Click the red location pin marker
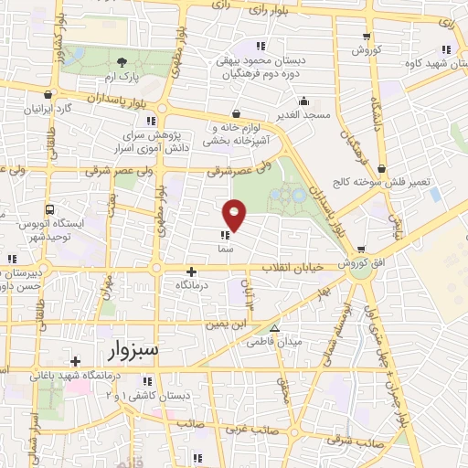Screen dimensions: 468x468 (235, 214)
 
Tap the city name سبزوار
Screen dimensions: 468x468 (132, 349)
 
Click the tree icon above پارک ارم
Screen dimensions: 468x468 (122, 62)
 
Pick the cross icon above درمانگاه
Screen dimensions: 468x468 (191, 271)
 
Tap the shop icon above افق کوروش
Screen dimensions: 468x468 (363, 250)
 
